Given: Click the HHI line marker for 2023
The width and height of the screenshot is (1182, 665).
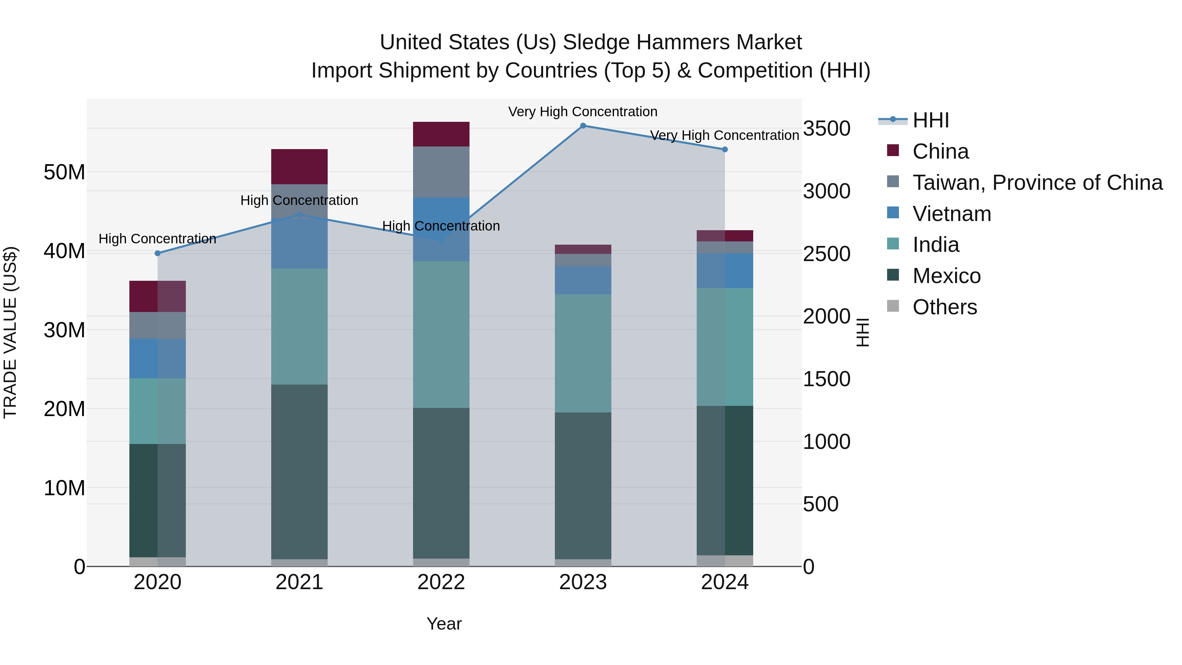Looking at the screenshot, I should pyautogui.click(x=583, y=126).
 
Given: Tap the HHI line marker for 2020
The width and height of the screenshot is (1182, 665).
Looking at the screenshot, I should pyautogui.click(x=157, y=253).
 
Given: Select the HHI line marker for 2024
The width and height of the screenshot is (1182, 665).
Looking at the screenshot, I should pyautogui.click(x=725, y=150).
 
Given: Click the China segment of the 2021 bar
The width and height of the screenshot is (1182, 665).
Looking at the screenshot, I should pyautogui.click(x=299, y=166).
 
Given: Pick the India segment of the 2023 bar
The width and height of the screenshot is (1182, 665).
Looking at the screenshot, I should pyautogui.click(x=583, y=353).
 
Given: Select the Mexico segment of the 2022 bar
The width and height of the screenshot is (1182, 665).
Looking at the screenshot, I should pyautogui.click(x=441, y=483).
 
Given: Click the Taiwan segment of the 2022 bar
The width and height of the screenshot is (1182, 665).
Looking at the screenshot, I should pyautogui.click(x=441, y=172).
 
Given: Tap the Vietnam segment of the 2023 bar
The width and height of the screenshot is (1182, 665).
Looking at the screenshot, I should pyautogui.click(x=583, y=280).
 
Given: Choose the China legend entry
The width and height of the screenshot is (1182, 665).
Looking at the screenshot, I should pyautogui.click(x=940, y=151).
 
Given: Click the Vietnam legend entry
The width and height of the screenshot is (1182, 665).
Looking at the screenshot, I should pyautogui.click(x=952, y=214).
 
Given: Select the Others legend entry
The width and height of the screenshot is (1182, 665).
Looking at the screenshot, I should pyautogui.click(x=944, y=307).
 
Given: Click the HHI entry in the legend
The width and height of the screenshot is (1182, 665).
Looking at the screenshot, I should pyautogui.click(x=930, y=120).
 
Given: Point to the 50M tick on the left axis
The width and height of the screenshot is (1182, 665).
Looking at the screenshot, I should pyautogui.click(x=64, y=172).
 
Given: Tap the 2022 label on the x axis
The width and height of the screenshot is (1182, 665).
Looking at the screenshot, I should pyautogui.click(x=441, y=582).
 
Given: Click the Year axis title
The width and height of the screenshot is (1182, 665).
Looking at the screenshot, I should pyautogui.click(x=444, y=624).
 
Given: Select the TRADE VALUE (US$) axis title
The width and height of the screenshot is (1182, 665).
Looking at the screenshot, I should pyautogui.click(x=10, y=332).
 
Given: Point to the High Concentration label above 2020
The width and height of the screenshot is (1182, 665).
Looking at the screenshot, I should pyautogui.click(x=157, y=239).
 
